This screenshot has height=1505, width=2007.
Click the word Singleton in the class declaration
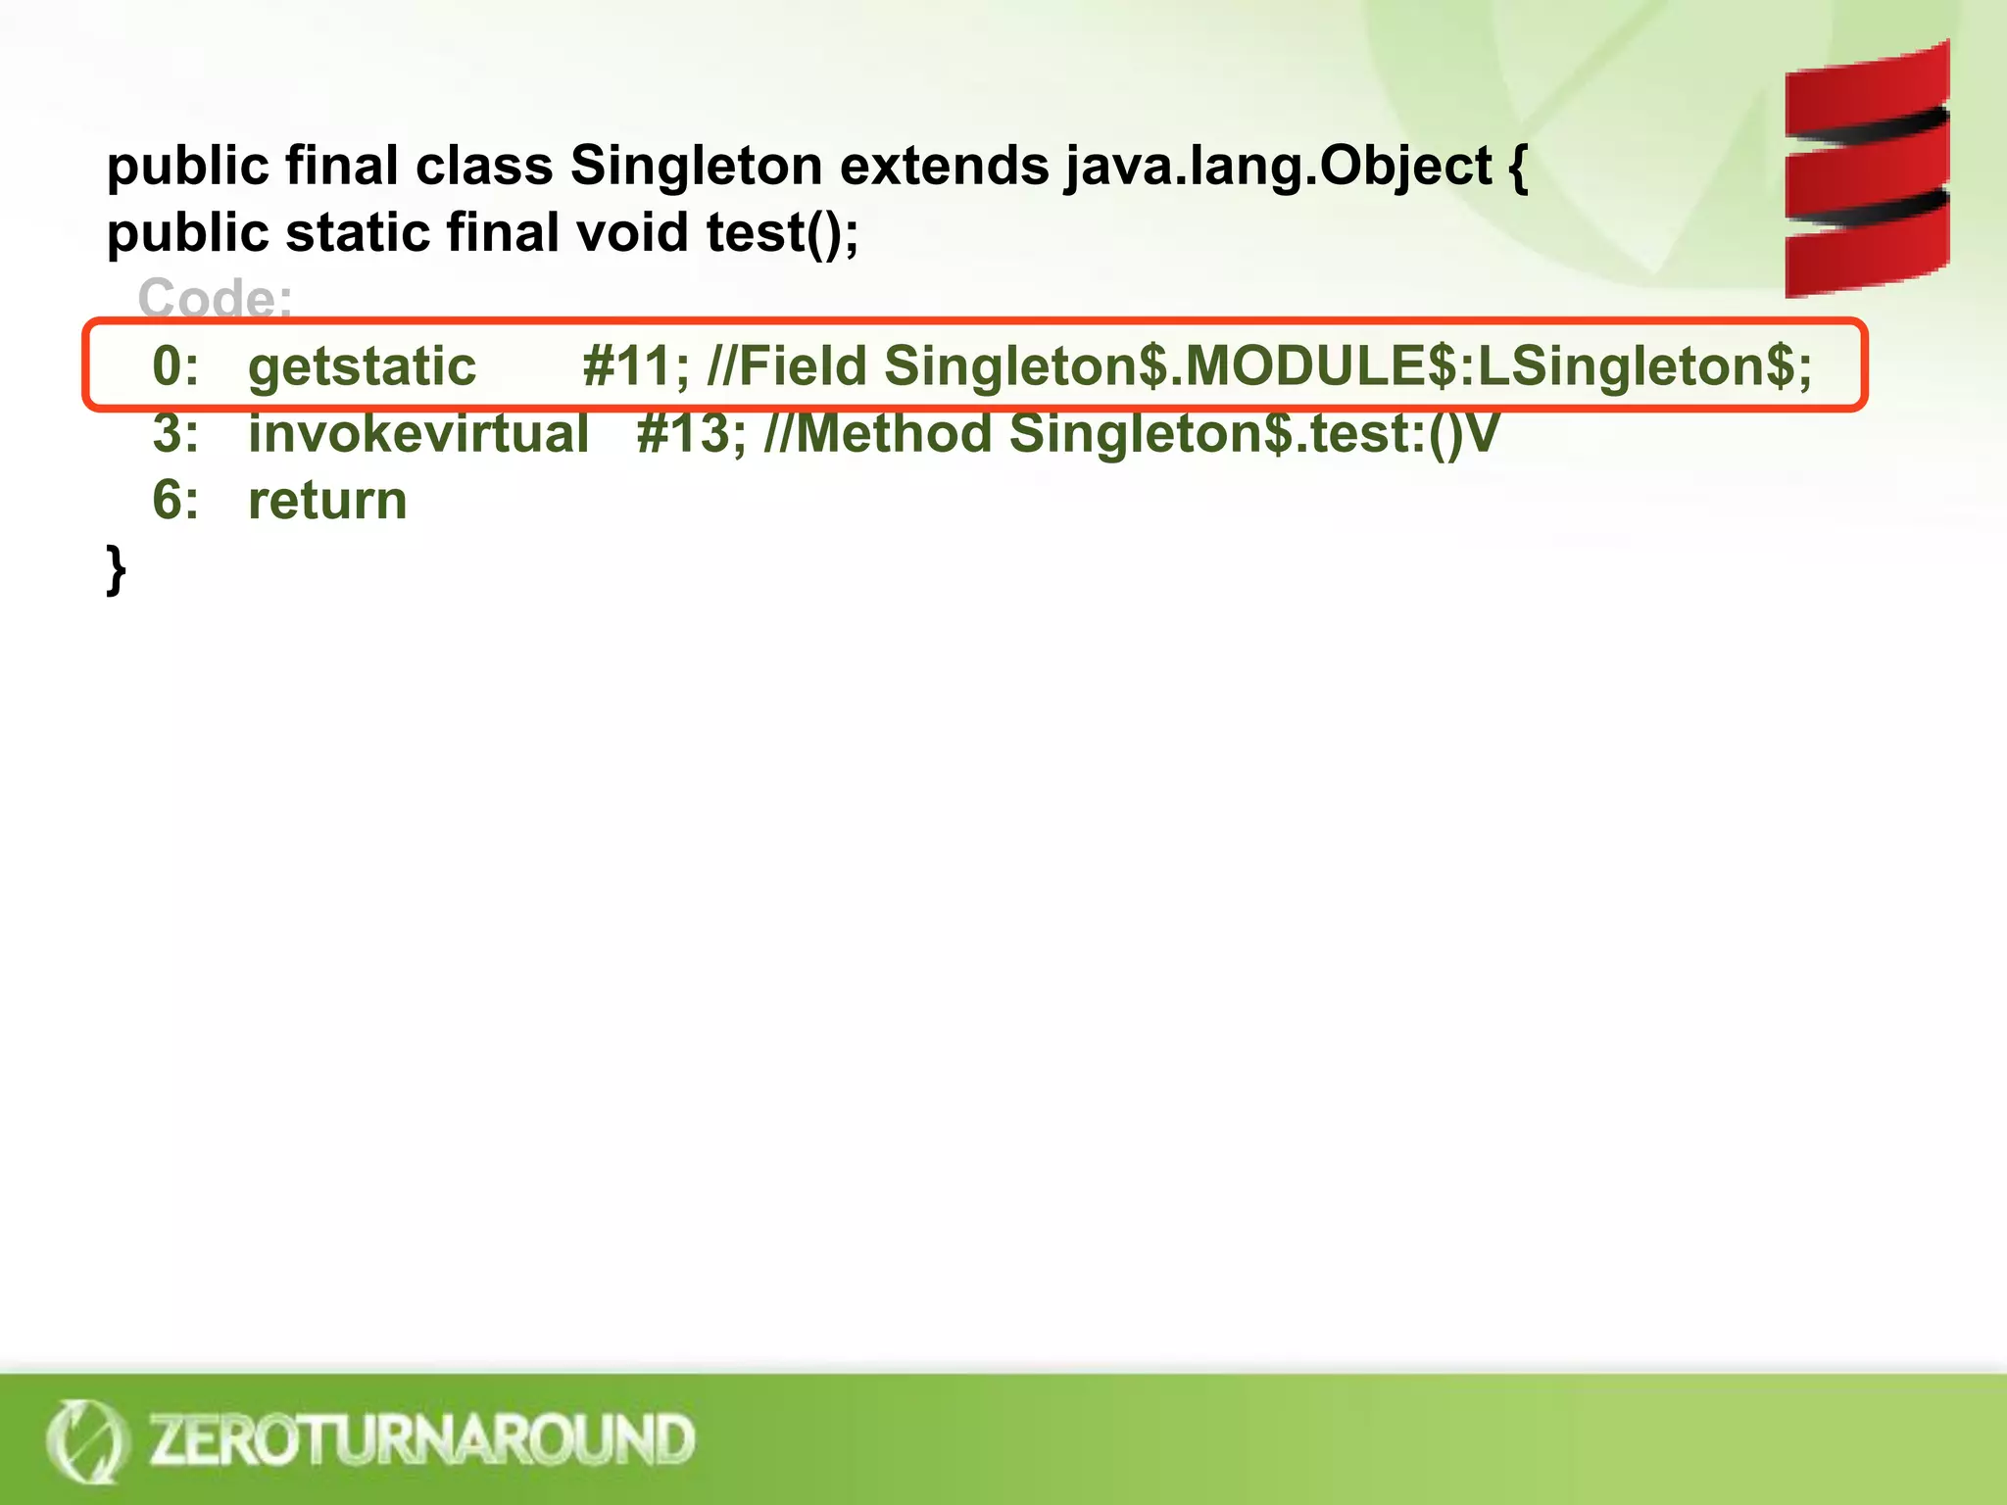(696, 165)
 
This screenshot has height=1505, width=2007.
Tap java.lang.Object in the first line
(1278, 167)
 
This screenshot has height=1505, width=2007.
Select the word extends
(944, 165)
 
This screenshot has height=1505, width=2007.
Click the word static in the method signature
(358, 233)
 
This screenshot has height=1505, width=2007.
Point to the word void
(632, 233)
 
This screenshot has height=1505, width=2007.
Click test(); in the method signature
(782, 233)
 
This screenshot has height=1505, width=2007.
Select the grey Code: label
(215, 297)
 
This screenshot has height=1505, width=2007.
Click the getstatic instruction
(362, 367)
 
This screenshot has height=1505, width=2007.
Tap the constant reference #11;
(636, 366)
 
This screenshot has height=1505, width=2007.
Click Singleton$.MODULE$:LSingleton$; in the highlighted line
(1347, 366)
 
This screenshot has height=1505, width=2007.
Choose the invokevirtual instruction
(418, 433)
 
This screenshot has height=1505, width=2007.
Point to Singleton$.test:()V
(1253, 433)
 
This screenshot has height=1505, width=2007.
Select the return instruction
(327, 501)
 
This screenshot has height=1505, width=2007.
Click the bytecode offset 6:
(175, 501)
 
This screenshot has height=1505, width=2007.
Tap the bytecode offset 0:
(175, 366)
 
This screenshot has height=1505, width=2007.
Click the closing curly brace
(117, 569)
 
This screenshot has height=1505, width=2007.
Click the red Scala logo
(1866, 170)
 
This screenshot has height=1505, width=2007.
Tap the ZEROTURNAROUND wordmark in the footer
(421, 1439)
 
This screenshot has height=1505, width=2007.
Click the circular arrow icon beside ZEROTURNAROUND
(86, 1440)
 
